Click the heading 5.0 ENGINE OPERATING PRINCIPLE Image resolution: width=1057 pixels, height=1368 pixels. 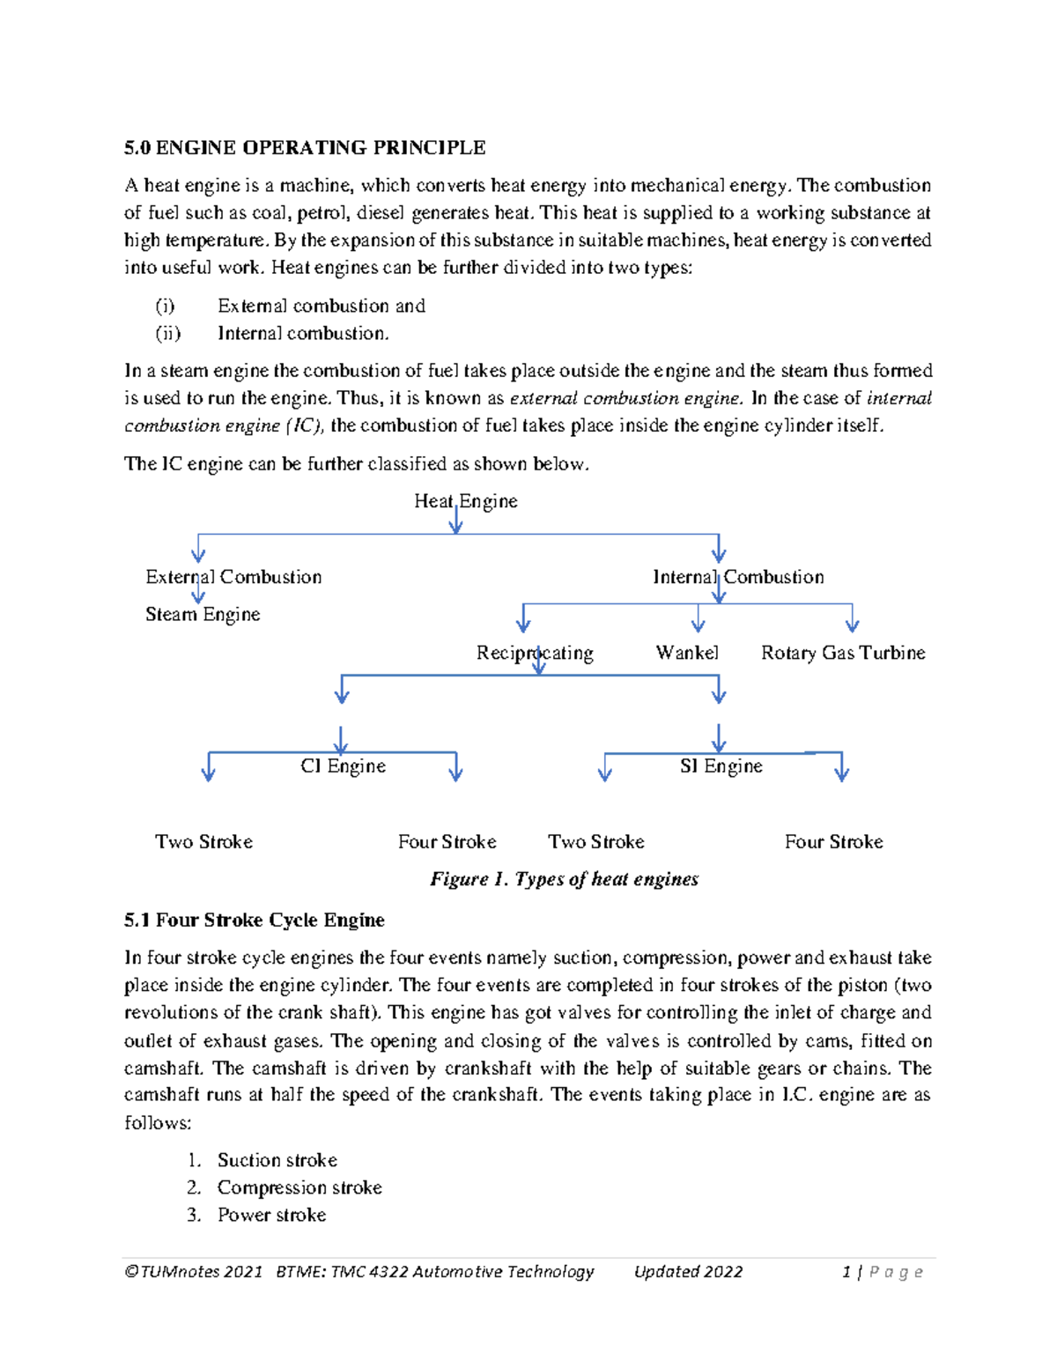(x=305, y=147)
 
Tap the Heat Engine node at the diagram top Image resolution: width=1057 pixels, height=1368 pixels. (x=465, y=501)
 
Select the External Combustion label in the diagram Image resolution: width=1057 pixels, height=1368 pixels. (x=233, y=577)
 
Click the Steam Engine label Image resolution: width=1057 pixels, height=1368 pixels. (x=203, y=614)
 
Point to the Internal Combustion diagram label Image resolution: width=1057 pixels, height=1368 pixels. (x=738, y=577)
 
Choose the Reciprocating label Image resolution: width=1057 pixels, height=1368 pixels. (x=535, y=653)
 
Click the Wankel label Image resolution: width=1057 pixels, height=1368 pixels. (x=687, y=653)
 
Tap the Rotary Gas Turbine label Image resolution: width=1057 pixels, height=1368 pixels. (x=843, y=653)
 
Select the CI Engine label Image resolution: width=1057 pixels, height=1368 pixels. (x=343, y=765)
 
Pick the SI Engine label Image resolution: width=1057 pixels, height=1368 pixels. (x=721, y=765)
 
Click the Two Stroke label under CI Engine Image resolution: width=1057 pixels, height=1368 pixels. (x=203, y=841)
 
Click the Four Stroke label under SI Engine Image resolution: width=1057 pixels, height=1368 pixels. (x=833, y=841)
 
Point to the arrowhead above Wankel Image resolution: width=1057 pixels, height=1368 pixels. (x=699, y=625)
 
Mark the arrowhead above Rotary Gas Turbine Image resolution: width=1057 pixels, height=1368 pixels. (x=852, y=625)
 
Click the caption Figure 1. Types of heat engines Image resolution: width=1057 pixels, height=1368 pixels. (x=564, y=879)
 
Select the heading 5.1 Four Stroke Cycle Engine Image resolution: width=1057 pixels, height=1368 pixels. (x=255, y=921)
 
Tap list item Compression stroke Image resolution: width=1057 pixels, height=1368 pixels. (x=299, y=1187)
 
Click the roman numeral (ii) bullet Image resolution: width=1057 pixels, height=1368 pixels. (x=167, y=334)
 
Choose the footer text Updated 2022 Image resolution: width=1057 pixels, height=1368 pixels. (x=688, y=1271)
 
